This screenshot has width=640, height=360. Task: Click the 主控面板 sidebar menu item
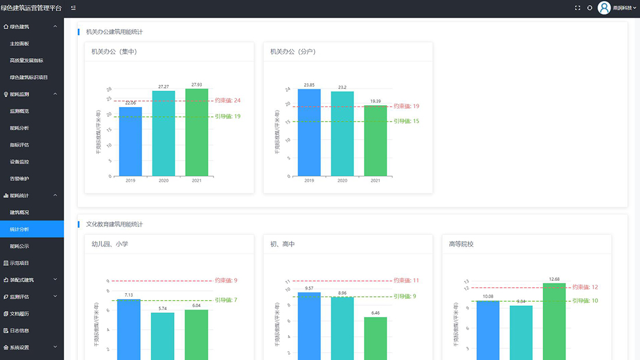[19, 44]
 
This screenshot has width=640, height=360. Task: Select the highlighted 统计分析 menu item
[19, 229]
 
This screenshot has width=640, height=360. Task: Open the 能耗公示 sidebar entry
[19, 246]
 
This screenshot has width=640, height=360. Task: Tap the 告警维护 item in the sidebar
[19, 179]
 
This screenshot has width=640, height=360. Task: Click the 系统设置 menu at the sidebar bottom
[19, 347]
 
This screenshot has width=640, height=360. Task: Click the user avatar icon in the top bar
[605, 8]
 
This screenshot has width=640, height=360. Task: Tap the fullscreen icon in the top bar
[577, 8]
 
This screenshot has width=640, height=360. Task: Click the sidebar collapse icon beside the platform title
[73, 8]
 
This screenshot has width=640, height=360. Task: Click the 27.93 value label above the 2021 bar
[197, 85]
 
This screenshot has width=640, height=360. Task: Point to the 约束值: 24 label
[227, 101]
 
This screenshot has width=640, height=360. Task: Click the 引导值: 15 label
[406, 121]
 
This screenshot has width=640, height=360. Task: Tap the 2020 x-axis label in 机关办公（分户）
[342, 181]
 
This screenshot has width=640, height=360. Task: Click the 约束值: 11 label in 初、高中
[406, 280]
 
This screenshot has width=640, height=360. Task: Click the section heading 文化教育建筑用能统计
[114, 224]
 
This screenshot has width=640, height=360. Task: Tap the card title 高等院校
[461, 244]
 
